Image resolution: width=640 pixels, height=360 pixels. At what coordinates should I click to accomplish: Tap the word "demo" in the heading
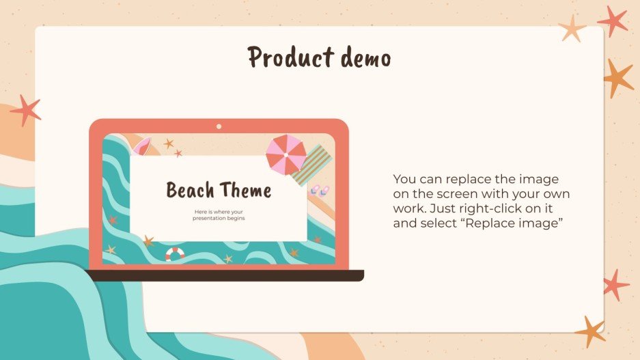(x=362, y=57)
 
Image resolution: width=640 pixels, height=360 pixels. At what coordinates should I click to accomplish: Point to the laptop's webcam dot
(x=219, y=126)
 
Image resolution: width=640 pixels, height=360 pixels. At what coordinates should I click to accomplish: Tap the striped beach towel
(x=311, y=165)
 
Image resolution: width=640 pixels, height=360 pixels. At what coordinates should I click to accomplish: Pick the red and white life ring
(x=175, y=254)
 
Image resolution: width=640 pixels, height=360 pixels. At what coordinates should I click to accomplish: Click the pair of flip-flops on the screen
(x=319, y=191)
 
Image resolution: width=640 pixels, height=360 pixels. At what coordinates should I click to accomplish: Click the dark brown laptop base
(x=225, y=275)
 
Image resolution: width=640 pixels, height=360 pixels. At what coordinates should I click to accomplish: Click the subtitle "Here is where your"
(x=219, y=212)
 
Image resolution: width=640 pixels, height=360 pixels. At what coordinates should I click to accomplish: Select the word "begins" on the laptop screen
(x=234, y=219)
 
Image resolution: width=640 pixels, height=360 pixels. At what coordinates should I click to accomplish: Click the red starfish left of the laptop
(x=26, y=110)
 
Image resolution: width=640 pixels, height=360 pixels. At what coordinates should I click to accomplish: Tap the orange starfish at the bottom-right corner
(x=590, y=331)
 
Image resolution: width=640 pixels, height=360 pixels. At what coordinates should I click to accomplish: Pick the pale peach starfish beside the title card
(x=572, y=29)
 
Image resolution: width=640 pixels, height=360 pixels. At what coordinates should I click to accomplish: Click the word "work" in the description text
(x=408, y=209)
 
